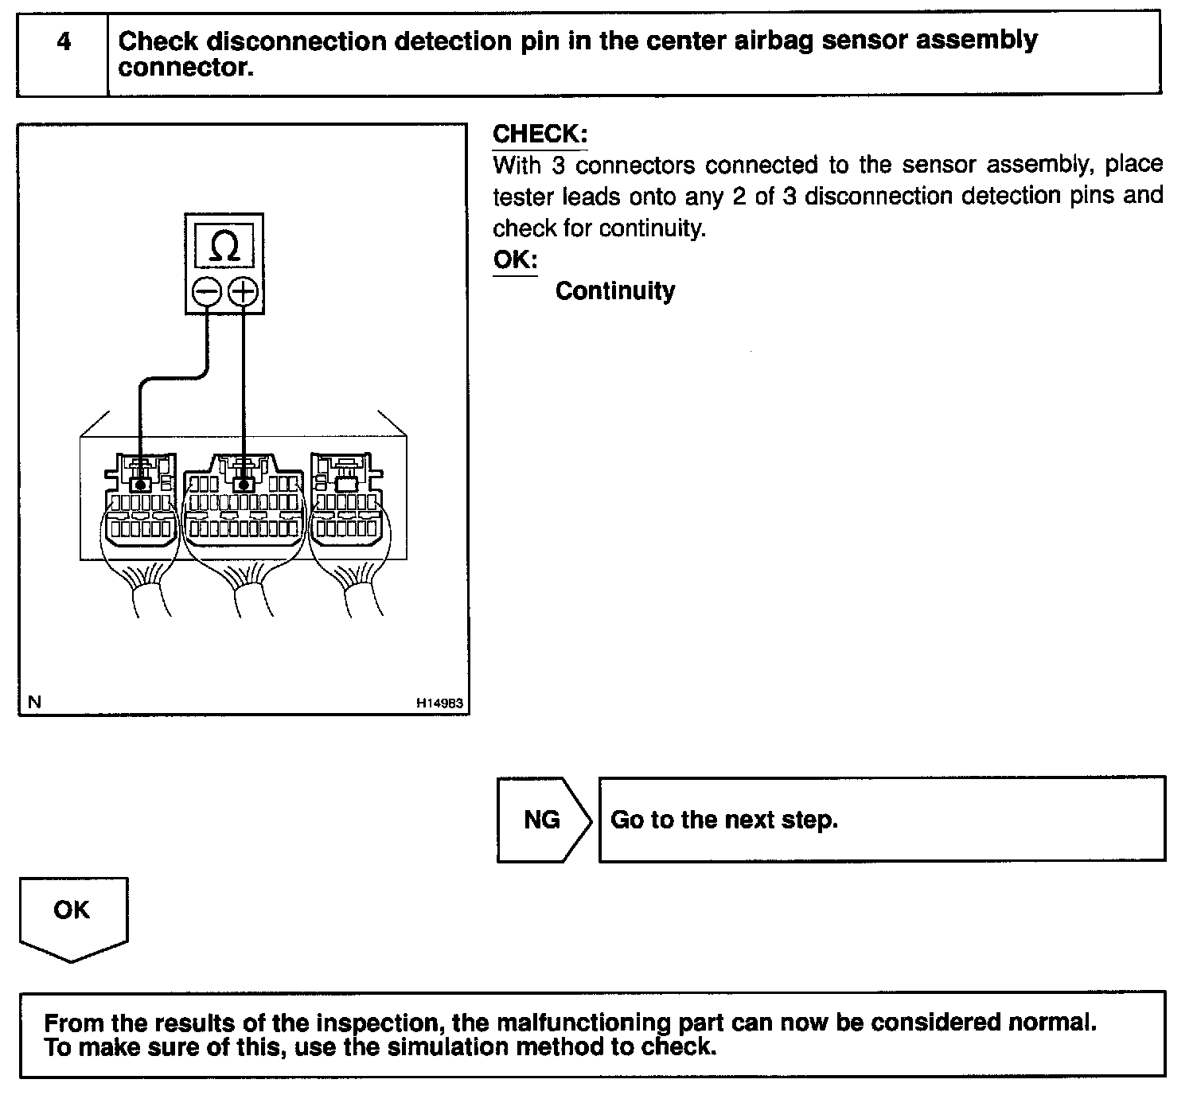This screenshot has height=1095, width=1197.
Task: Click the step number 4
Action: tap(64, 41)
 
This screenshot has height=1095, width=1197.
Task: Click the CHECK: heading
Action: tap(540, 134)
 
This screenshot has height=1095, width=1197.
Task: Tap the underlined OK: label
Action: tap(515, 259)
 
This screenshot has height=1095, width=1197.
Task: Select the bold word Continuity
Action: tap(614, 291)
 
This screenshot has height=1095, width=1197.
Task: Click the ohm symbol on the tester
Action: tap(224, 247)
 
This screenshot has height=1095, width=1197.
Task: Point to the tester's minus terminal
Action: tap(207, 292)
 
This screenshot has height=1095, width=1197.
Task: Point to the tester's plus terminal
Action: tap(243, 292)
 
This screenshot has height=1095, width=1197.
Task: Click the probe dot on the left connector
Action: tap(141, 484)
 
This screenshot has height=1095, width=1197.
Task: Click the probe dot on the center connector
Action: tap(243, 483)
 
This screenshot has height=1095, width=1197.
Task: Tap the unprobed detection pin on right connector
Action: tap(345, 483)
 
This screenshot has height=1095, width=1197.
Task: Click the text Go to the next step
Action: tap(723, 820)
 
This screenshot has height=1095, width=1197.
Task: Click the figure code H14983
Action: tap(439, 703)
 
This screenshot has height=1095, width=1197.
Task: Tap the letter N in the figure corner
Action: tap(33, 702)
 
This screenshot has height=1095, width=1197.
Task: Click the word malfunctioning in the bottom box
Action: tap(583, 1023)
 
